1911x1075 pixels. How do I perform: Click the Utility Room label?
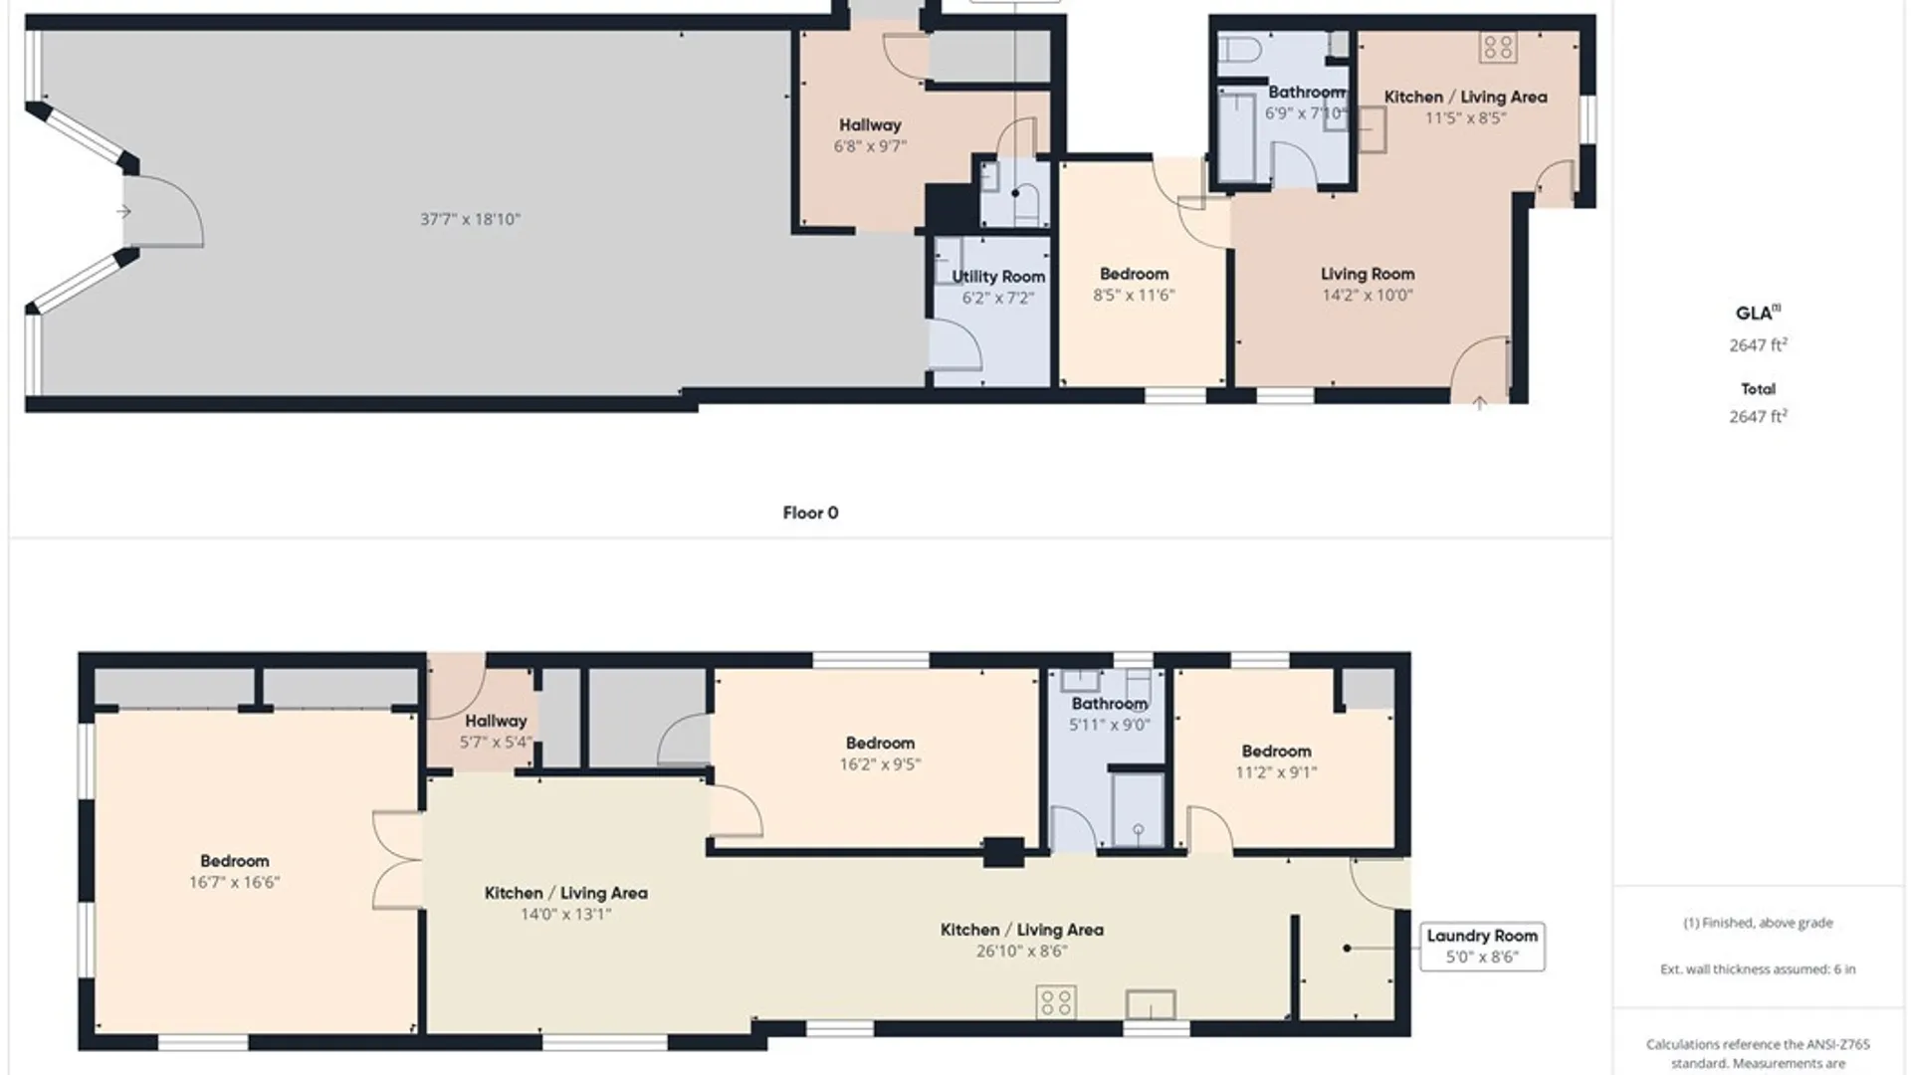coord(998,277)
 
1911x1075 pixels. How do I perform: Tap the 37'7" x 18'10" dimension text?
coord(470,219)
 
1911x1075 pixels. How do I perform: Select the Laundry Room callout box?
coord(1482,946)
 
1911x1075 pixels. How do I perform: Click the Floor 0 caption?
coord(810,513)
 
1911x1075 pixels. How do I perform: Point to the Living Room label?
coord(1368,274)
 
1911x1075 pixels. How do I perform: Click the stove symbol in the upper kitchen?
coord(1497,46)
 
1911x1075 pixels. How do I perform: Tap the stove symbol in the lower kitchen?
coord(1055,1001)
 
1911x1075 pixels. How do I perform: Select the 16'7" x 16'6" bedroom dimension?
coord(235,882)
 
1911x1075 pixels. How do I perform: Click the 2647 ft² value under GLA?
coord(1758,344)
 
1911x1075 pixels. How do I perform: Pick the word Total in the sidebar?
coord(1758,388)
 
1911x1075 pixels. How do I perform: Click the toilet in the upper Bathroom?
coord(1241,48)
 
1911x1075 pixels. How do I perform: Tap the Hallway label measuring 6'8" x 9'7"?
coord(870,125)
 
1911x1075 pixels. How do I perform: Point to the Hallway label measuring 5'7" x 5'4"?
coord(496,721)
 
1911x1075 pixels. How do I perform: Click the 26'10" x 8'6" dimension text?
coord(1022,951)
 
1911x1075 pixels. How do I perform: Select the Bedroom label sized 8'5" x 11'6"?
coord(1134,274)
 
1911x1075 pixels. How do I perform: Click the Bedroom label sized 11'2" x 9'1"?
coord(1276,751)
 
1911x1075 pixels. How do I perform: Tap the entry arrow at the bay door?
coord(123,211)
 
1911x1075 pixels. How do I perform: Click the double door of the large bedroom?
coord(397,860)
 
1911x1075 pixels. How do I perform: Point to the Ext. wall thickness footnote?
coord(1758,968)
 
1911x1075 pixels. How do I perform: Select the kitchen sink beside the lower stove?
coord(1151,1004)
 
